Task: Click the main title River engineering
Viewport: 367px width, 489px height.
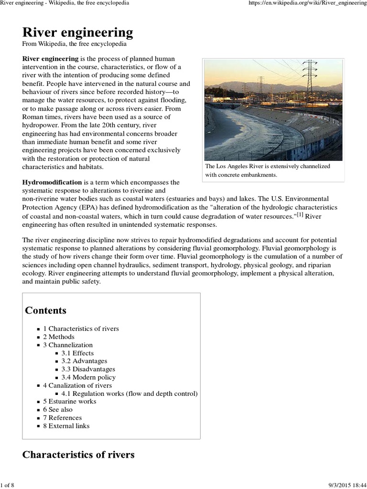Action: [x=77, y=32]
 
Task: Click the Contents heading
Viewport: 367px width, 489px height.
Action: [x=45, y=310]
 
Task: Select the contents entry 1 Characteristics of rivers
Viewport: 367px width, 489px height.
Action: [x=81, y=329]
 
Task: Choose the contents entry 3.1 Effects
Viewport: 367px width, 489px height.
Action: [x=77, y=353]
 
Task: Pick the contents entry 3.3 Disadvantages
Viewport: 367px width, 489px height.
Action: [x=88, y=369]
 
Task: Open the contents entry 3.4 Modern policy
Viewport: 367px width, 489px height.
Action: [x=88, y=377]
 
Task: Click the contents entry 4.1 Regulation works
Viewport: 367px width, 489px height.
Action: [x=129, y=393]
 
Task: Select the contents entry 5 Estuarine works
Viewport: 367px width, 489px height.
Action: [x=69, y=401]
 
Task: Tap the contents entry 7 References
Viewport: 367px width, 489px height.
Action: [x=62, y=418]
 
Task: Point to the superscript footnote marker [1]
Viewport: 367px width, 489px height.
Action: [x=300, y=215]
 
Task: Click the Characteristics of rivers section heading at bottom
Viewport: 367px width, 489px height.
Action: [x=78, y=455]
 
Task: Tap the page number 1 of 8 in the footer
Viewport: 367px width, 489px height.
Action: [x=8, y=485]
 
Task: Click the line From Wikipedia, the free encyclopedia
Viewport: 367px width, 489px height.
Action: [x=74, y=44]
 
